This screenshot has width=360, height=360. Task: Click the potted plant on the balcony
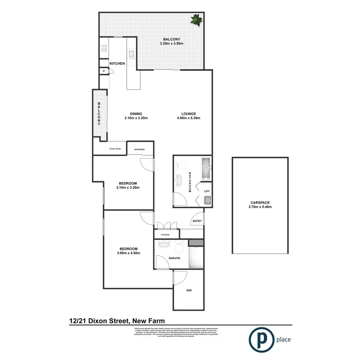click(x=196, y=20)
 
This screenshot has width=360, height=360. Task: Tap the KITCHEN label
click(x=117, y=63)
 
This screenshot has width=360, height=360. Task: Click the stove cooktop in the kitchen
click(x=104, y=48)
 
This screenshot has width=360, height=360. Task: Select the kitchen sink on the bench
click(x=131, y=54)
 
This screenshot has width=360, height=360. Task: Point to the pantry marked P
click(x=104, y=71)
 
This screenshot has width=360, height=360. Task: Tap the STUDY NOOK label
click(x=115, y=148)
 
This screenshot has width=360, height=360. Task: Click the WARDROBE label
click(x=139, y=149)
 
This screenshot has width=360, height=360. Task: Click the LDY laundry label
click(x=207, y=191)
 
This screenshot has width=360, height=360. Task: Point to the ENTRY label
click(x=197, y=221)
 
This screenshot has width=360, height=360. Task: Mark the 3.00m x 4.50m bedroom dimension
click(x=128, y=253)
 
